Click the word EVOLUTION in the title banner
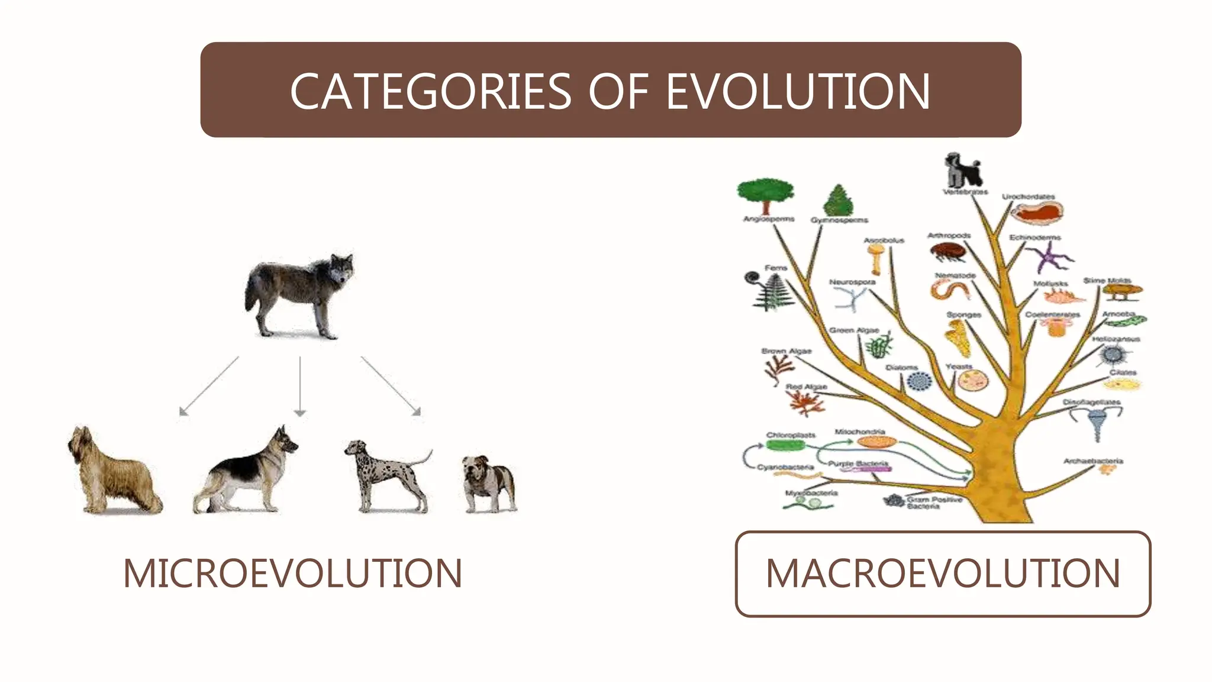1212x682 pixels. point(798,92)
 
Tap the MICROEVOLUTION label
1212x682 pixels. point(292,573)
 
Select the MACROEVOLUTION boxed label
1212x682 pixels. point(943,573)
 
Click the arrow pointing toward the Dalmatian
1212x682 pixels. point(391,385)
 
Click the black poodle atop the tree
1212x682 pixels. point(962,170)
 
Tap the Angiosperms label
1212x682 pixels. point(769,219)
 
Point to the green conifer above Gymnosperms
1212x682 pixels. point(839,200)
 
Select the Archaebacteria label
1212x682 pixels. point(1092,461)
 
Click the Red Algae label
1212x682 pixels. point(806,387)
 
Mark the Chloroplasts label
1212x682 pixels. point(791,435)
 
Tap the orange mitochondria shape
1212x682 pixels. point(876,442)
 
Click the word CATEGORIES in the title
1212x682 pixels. point(430,92)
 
